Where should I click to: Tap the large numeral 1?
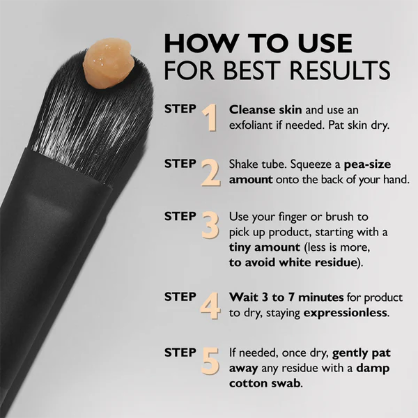click(x=209, y=118)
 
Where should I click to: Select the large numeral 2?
click(x=210, y=173)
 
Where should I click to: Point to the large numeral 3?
click(x=210, y=226)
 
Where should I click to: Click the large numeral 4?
click(x=210, y=307)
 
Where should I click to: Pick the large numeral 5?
click(x=210, y=361)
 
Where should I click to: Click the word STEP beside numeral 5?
click(x=180, y=353)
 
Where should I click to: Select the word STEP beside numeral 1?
click(x=180, y=109)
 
